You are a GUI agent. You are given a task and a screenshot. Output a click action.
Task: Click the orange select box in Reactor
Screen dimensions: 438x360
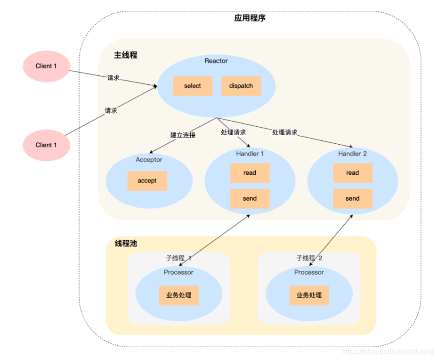[193, 86]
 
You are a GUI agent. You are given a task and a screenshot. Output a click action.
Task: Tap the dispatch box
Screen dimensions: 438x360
[241, 86]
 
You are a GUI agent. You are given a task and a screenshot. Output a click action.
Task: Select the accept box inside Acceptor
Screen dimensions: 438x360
[147, 181]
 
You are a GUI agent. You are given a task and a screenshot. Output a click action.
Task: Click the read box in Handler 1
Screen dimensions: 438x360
[250, 173]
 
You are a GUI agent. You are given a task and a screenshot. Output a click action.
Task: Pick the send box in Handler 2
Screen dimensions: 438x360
[353, 198]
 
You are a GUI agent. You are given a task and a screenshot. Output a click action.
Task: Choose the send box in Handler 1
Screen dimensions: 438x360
[250, 198]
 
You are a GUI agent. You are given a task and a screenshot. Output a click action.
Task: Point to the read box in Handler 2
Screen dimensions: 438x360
[353, 173]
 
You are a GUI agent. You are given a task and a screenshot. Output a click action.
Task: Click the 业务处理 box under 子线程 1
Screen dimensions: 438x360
[179, 295]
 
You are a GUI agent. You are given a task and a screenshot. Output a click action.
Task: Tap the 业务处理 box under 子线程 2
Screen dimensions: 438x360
[309, 295]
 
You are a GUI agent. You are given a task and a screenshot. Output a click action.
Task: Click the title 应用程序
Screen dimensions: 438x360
[250, 18]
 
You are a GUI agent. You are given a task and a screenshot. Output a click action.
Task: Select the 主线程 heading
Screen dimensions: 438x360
[126, 55]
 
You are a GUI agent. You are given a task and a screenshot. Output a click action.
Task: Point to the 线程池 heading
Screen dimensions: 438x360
[126, 244]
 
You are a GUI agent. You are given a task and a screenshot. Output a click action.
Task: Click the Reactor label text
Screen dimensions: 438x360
[216, 61]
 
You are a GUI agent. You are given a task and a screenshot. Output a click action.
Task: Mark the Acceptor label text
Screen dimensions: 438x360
[149, 160]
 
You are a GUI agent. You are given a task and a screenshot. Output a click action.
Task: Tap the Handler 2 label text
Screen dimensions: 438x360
[353, 154]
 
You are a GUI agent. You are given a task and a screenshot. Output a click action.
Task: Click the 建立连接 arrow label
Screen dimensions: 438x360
[183, 135]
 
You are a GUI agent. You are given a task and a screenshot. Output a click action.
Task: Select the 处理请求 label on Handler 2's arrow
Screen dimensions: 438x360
[285, 132]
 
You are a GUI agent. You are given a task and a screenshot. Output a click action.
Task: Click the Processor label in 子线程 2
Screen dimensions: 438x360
[309, 272]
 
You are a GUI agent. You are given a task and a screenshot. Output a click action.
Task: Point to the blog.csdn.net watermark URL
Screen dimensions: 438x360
[388, 352]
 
